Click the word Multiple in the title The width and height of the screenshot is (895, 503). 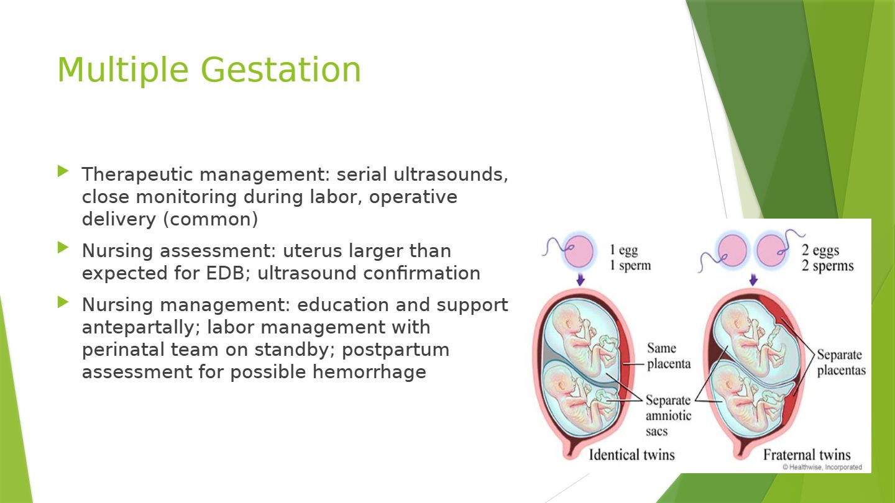click(123, 71)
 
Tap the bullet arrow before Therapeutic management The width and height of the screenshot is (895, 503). click(63, 171)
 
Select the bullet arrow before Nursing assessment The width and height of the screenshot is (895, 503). click(63, 248)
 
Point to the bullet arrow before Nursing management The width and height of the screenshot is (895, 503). click(63, 302)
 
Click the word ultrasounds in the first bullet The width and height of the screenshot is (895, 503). click(451, 174)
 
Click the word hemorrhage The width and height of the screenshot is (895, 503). click(369, 372)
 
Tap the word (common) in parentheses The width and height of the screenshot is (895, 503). click(211, 220)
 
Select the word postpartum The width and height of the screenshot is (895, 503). click(395, 350)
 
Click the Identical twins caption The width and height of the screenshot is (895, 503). click(631, 455)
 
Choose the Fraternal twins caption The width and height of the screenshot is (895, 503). click(807, 455)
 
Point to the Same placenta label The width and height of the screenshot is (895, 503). click(669, 356)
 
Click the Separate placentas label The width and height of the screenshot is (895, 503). click(841, 363)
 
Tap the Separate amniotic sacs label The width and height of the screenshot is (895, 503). click(668, 415)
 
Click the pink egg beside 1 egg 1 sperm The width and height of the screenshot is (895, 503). click(578, 251)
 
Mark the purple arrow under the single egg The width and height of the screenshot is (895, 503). click(581, 279)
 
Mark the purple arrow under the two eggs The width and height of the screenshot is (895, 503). click(753, 279)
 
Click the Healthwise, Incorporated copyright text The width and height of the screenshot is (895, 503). click(822, 467)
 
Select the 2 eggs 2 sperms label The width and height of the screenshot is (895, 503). click(827, 258)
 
